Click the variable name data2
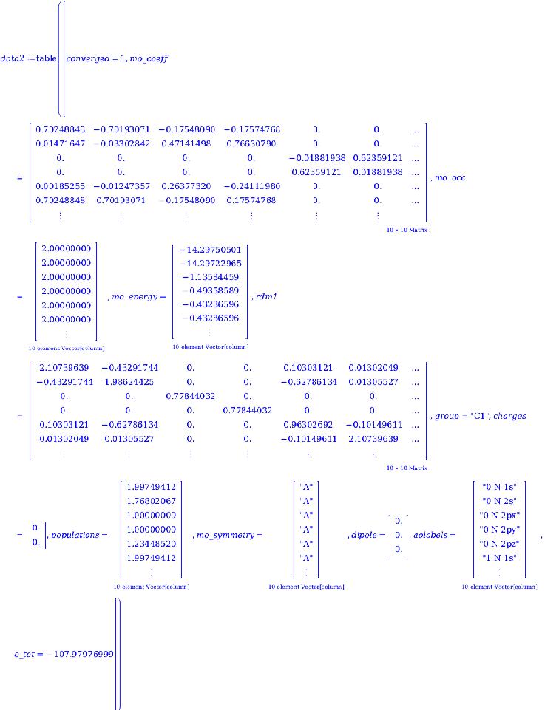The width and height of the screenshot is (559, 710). [x=13, y=58]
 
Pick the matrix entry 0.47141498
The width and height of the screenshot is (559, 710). [x=185, y=143]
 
